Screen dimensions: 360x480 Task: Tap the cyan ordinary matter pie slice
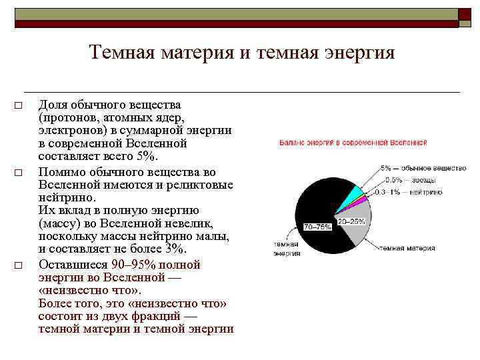click(357, 193)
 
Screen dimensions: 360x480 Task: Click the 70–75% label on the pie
click(317, 227)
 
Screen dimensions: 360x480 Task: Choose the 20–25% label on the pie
click(351, 221)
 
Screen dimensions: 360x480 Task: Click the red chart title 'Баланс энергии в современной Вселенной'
click(353, 143)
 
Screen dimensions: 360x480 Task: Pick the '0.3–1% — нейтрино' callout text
click(415, 192)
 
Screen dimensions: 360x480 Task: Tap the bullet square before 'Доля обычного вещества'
click(19, 106)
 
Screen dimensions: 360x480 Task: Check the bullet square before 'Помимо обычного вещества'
click(19, 173)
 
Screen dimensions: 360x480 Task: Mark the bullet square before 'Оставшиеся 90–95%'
click(19, 265)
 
